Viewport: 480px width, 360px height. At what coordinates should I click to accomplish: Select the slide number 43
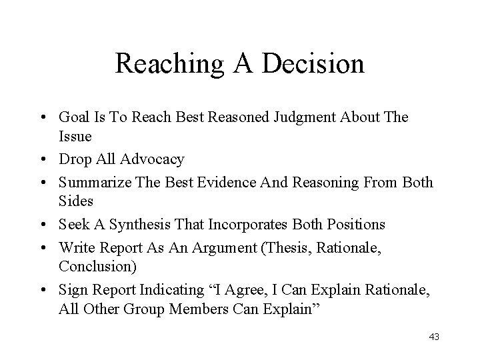tap(434, 337)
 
